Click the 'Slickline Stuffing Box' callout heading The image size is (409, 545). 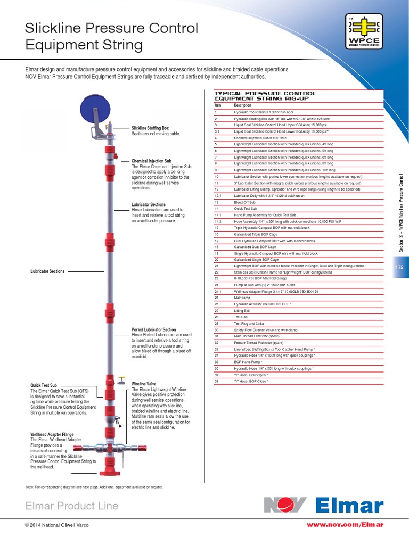coord(150,128)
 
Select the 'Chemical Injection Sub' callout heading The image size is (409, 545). coord(151,160)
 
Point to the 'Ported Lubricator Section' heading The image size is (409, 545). coord(153,329)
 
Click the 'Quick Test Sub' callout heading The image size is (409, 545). coord(44,385)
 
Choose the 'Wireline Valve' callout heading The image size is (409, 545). coord(144,383)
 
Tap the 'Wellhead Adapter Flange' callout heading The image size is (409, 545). coord(52,434)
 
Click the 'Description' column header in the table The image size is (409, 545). coord(243,105)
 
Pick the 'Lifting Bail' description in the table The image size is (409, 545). coord(242,310)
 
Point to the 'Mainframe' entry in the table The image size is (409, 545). coord(242,298)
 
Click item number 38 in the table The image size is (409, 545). coord(216,382)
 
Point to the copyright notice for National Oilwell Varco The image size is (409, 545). coord(57,525)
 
